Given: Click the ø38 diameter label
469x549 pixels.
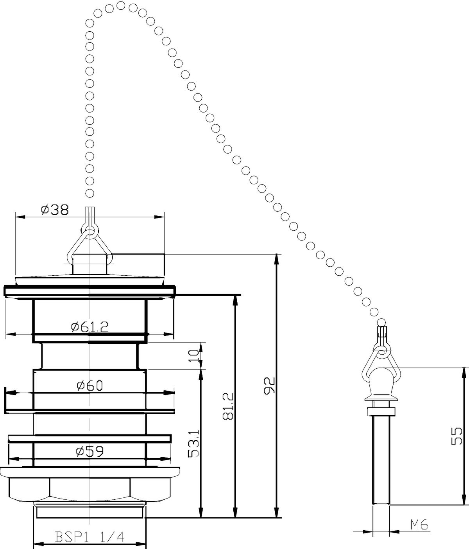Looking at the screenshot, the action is tap(55, 210).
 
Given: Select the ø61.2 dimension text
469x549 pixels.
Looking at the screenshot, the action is tap(90, 327).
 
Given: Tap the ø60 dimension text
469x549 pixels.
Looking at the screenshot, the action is tap(90, 386).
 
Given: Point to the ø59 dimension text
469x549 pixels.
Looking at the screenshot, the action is tap(90, 451).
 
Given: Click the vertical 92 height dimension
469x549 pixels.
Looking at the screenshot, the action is tap(270, 387).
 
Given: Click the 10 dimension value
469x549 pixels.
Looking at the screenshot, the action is tap(193, 356).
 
